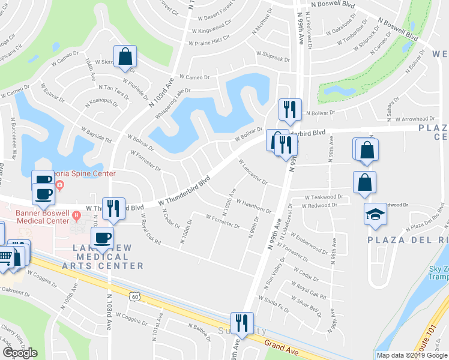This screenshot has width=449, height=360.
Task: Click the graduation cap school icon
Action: click(x=375, y=215)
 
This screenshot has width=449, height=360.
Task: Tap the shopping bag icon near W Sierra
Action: click(x=126, y=56)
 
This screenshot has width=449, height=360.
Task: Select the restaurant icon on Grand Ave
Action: click(x=242, y=323)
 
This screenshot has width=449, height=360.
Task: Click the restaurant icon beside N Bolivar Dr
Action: click(x=289, y=109)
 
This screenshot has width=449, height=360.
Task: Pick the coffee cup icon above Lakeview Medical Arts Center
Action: click(x=103, y=238)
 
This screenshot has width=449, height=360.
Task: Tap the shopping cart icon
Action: click(x=5, y=256)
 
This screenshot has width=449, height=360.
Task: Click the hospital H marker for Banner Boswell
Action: click(x=76, y=215)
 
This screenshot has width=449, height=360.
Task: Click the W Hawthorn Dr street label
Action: click(x=253, y=206)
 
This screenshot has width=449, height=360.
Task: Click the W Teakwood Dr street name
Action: click(x=324, y=196)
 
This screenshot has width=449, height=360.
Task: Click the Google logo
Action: click(x=20, y=353)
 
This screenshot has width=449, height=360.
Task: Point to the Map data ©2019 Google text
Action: click(x=412, y=355)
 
